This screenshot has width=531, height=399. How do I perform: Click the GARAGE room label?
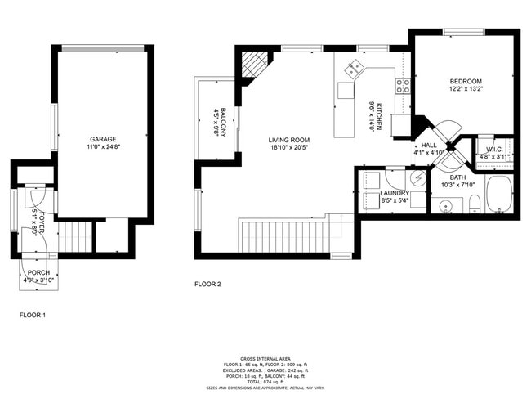coord(102,141)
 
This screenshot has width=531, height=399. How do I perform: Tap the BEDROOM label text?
coord(465,82)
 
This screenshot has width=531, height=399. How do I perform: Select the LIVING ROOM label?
coord(288,141)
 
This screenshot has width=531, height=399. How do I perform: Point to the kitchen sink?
coord(354,70)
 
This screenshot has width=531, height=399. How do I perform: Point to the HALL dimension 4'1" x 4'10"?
coord(428,152)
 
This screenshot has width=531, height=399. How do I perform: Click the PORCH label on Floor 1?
coord(38,272)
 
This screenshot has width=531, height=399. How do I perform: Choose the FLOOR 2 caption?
coord(207,285)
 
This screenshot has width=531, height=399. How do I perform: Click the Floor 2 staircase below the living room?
coord(287,235)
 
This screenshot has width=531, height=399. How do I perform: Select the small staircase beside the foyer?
coord(78,237)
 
